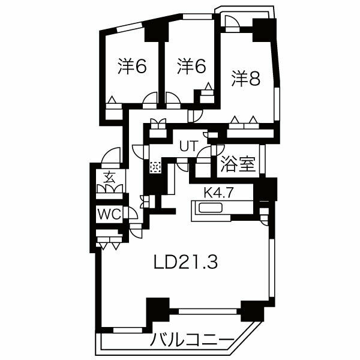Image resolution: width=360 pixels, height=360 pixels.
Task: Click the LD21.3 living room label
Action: (x=185, y=262)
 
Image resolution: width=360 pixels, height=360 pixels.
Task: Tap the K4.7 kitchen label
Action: (x=219, y=193)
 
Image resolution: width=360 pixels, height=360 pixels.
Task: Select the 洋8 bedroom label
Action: (x=246, y=79)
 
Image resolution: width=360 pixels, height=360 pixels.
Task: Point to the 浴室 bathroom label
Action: (x=238, y=164)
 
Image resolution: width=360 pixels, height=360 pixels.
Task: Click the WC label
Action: (x=109, y=214)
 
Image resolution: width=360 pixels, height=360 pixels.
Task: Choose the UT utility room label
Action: (x=188, y=146)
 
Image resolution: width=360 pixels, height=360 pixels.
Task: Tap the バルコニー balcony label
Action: (x=192, y=340)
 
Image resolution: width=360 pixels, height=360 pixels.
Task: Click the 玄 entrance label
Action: (x=109, y=177)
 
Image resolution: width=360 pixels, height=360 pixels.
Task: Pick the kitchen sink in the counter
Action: (x=211, y=208)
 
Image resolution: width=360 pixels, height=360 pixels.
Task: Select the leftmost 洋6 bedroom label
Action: (x=132, y=66)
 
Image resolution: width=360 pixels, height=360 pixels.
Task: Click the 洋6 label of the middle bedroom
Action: (x=191, y=66)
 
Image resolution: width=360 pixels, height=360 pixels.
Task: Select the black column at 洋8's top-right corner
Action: (x=264, y=30)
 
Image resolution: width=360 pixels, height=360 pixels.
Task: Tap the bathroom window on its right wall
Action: (x=262, y=159)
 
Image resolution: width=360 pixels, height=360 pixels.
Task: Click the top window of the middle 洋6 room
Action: (x=197, y=17)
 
